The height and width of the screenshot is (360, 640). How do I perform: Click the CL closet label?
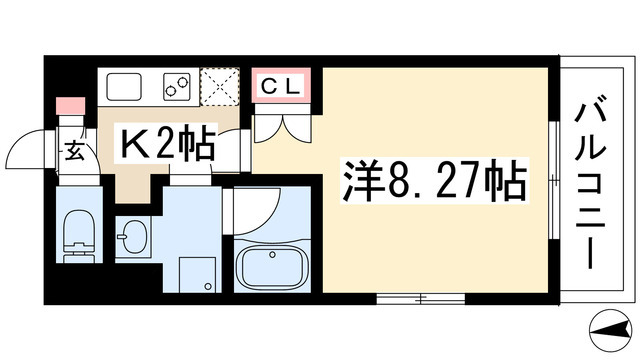click(x=285, y=86)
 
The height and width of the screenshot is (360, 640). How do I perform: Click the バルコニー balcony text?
click(x=592, y=187)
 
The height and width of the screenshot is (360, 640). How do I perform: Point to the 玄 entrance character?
click(x=75, y=153)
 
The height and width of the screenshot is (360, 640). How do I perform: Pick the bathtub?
click(x=273, y=268)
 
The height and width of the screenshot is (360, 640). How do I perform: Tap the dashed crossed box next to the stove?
click(x=218, y=86)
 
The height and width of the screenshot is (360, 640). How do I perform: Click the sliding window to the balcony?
click(x=553, y=183)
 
